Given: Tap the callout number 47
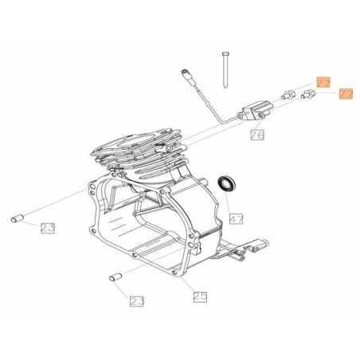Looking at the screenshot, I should coord(236,217).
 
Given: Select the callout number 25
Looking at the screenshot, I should coord(199,297).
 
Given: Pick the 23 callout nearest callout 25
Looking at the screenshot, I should coord(138,301).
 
